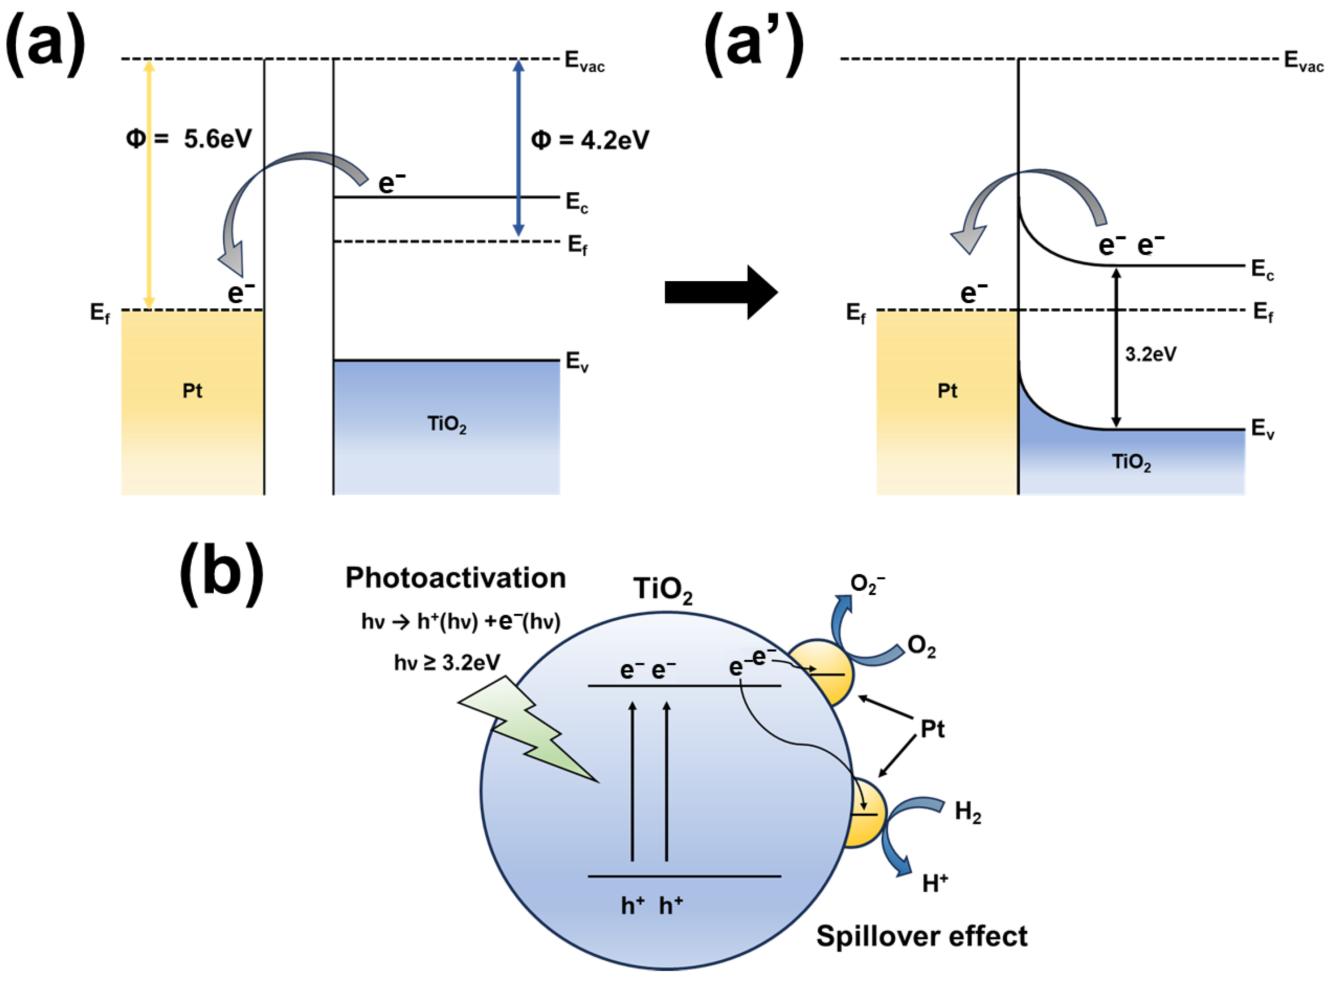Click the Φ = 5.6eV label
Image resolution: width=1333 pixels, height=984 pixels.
189,139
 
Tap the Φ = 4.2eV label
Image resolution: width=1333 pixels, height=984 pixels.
589,140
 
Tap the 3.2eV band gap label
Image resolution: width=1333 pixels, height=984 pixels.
1150,355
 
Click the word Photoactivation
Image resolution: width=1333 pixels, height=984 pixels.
456,578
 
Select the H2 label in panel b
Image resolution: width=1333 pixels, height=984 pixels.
968,812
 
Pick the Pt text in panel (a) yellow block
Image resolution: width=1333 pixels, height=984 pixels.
192,391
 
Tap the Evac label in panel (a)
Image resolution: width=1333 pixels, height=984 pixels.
584,62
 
